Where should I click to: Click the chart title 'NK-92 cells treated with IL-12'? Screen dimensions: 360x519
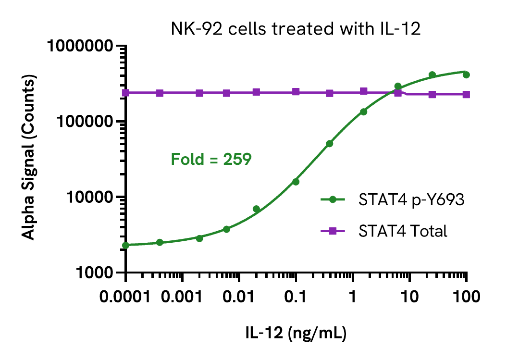coord(296,29)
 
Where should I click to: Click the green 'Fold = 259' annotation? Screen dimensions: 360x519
coord(211,159)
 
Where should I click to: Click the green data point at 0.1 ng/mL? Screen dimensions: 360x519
coord(296,182)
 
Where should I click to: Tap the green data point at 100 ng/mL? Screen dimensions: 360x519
coord(466,74)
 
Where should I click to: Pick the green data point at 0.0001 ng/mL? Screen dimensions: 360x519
coord(125,245)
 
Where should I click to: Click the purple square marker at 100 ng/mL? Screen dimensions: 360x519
coord(466,95)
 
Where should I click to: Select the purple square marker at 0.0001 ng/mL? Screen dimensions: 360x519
coord(125,93)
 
